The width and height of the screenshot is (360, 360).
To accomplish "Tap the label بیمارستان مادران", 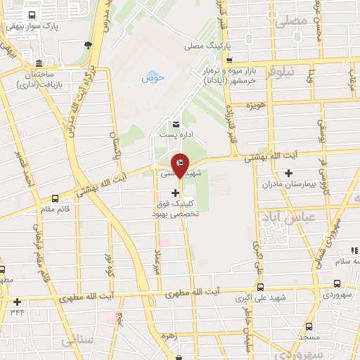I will (x=287, y=184).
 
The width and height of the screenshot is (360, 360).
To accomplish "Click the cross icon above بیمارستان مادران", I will (x=288, y=173).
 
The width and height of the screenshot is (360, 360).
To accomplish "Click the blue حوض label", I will (x=152, y=77).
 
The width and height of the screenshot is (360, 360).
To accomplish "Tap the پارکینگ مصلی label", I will (x=208, y=47).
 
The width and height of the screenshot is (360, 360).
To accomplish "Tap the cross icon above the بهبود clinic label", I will (x=175, y=192).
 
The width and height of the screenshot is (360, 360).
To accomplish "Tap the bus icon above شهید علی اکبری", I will (x=261, y=287).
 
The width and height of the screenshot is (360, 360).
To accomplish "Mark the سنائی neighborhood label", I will (x=76, y=340).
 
